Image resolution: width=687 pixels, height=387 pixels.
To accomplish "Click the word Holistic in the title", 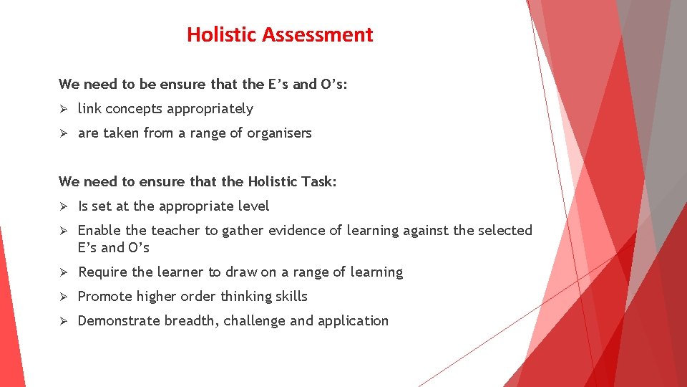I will click(x=223, y=34).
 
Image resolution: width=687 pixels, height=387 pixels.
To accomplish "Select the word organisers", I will click(x=279, y=133).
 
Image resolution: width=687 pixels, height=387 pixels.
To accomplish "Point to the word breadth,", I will click(x=192, y=321).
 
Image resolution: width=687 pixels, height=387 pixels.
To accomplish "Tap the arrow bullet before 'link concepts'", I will click(x=63, y=109).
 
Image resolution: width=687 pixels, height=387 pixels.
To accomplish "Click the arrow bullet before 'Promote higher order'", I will click(x=63, y=297).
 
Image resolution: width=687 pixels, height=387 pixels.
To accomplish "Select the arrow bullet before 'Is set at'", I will click(x=63, y=206).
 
